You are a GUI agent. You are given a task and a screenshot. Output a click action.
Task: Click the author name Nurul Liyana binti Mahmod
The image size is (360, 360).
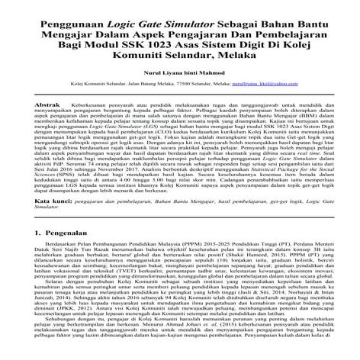179,72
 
